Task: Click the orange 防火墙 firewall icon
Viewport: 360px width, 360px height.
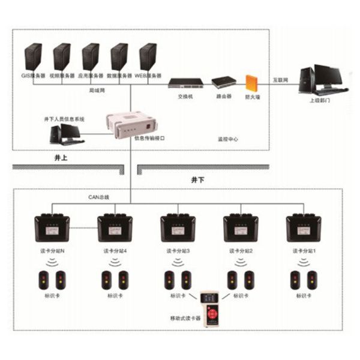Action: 250,82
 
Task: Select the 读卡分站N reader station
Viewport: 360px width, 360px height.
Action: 52,228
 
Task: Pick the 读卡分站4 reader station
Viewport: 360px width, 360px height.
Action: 115,228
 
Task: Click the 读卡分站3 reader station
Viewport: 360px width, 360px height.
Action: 178,228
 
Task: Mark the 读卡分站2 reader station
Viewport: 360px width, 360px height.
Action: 240,228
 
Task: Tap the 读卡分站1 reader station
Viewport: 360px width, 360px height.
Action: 303,228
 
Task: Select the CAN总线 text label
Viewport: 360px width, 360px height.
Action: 99,196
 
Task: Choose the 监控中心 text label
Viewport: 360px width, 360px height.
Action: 228,139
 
